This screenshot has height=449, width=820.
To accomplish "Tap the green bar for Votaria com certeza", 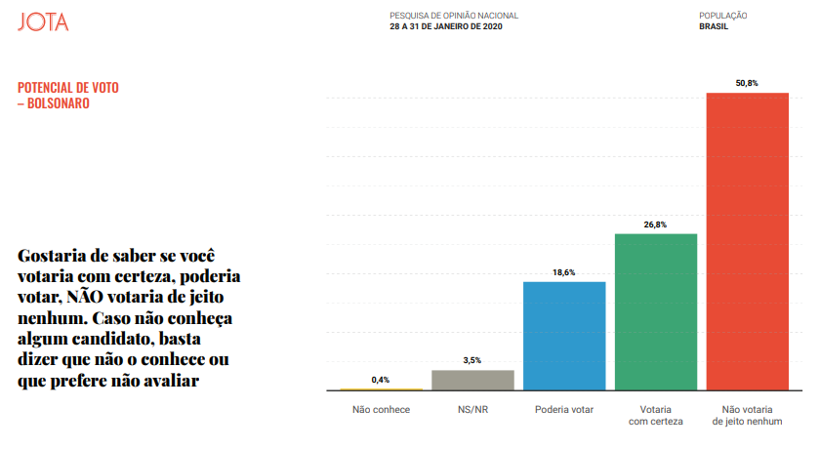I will pos(655,312).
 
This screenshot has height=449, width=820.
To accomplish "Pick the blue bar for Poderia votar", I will pos(564,336).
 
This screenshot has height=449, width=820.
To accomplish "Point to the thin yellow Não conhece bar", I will pos(381,389).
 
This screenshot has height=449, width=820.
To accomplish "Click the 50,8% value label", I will pos(747,83).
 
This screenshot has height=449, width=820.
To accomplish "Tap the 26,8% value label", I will pos(655,224).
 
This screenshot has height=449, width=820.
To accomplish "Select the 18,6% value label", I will pos(564,272).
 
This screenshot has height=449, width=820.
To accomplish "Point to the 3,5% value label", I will pos(472,361).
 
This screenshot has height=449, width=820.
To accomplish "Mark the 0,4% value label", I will pos(381,380).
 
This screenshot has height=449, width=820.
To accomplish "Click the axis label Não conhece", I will pos(381,409).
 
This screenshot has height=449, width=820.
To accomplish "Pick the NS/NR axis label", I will pos(472,409).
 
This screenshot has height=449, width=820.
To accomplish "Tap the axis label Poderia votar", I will pos(564,409).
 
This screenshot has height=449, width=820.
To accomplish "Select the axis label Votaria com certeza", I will pos(655,415).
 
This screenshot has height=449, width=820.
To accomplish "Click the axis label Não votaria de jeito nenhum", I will pos(747,415).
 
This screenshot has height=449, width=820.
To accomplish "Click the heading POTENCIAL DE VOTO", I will pos(68,88).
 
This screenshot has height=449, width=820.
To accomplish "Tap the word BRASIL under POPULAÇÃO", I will pos(714,26).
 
